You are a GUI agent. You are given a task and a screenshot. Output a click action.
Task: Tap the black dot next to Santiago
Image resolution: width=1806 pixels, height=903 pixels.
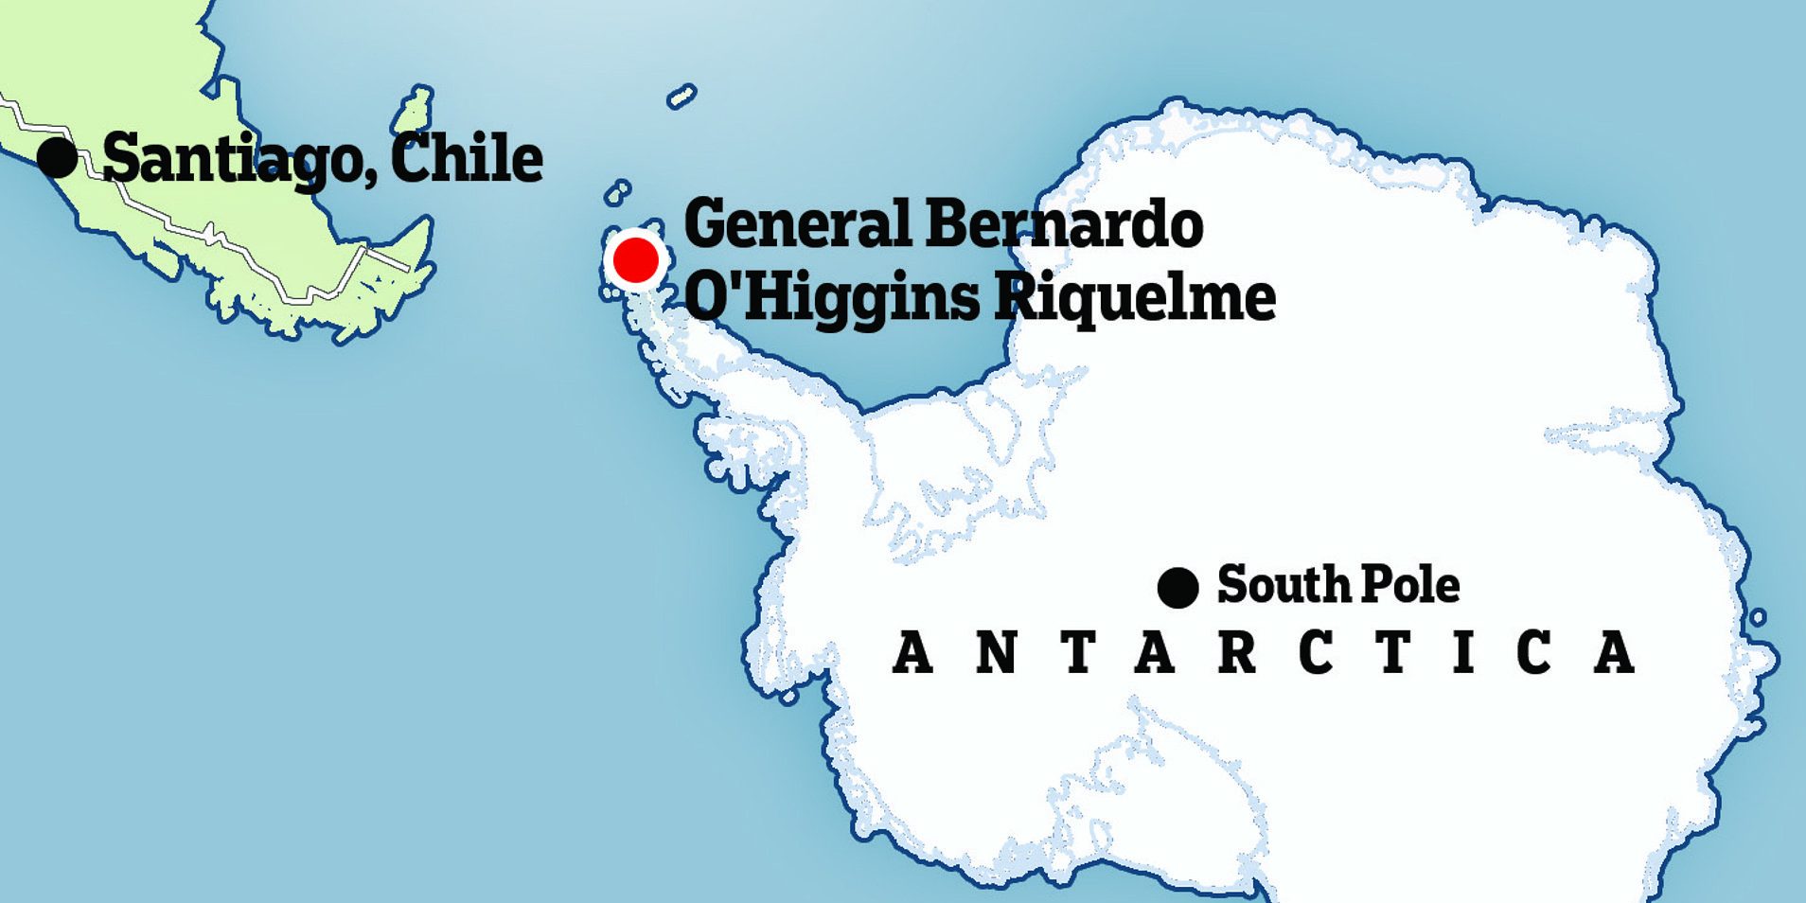pos(58,157)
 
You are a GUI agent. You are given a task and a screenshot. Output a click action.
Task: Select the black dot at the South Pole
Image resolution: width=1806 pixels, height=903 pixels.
pos(1177,588)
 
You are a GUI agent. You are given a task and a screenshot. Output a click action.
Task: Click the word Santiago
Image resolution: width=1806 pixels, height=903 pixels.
pos(231,159)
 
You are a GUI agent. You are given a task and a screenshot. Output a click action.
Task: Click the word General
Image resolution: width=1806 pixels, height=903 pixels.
pos(797,224)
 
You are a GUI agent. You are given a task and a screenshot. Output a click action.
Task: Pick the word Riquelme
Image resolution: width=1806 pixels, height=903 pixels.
pos(1134,296)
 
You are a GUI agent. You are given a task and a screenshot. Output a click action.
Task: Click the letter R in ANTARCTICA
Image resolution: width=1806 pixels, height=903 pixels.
pos(1236,652)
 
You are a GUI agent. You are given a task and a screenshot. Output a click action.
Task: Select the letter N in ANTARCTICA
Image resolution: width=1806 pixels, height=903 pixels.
pos(996,652)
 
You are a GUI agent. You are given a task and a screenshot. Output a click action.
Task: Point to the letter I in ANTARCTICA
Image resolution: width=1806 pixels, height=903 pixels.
pos(1463,652)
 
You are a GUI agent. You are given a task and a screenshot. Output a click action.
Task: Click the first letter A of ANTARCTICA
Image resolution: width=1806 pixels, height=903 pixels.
pos(912,652)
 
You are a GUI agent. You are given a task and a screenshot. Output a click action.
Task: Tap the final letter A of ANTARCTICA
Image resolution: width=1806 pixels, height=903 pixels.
pos(1615,652)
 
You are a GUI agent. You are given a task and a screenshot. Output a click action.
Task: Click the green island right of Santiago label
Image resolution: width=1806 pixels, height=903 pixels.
pos(414,111)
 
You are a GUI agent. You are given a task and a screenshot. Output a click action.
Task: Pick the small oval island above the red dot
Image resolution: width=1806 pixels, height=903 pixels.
pos(682,97)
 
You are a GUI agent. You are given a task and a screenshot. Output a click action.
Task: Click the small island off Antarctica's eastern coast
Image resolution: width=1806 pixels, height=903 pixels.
pos(1758,617)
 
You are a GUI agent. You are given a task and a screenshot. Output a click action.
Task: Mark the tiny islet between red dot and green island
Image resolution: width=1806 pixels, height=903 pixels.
pos(617,192)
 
